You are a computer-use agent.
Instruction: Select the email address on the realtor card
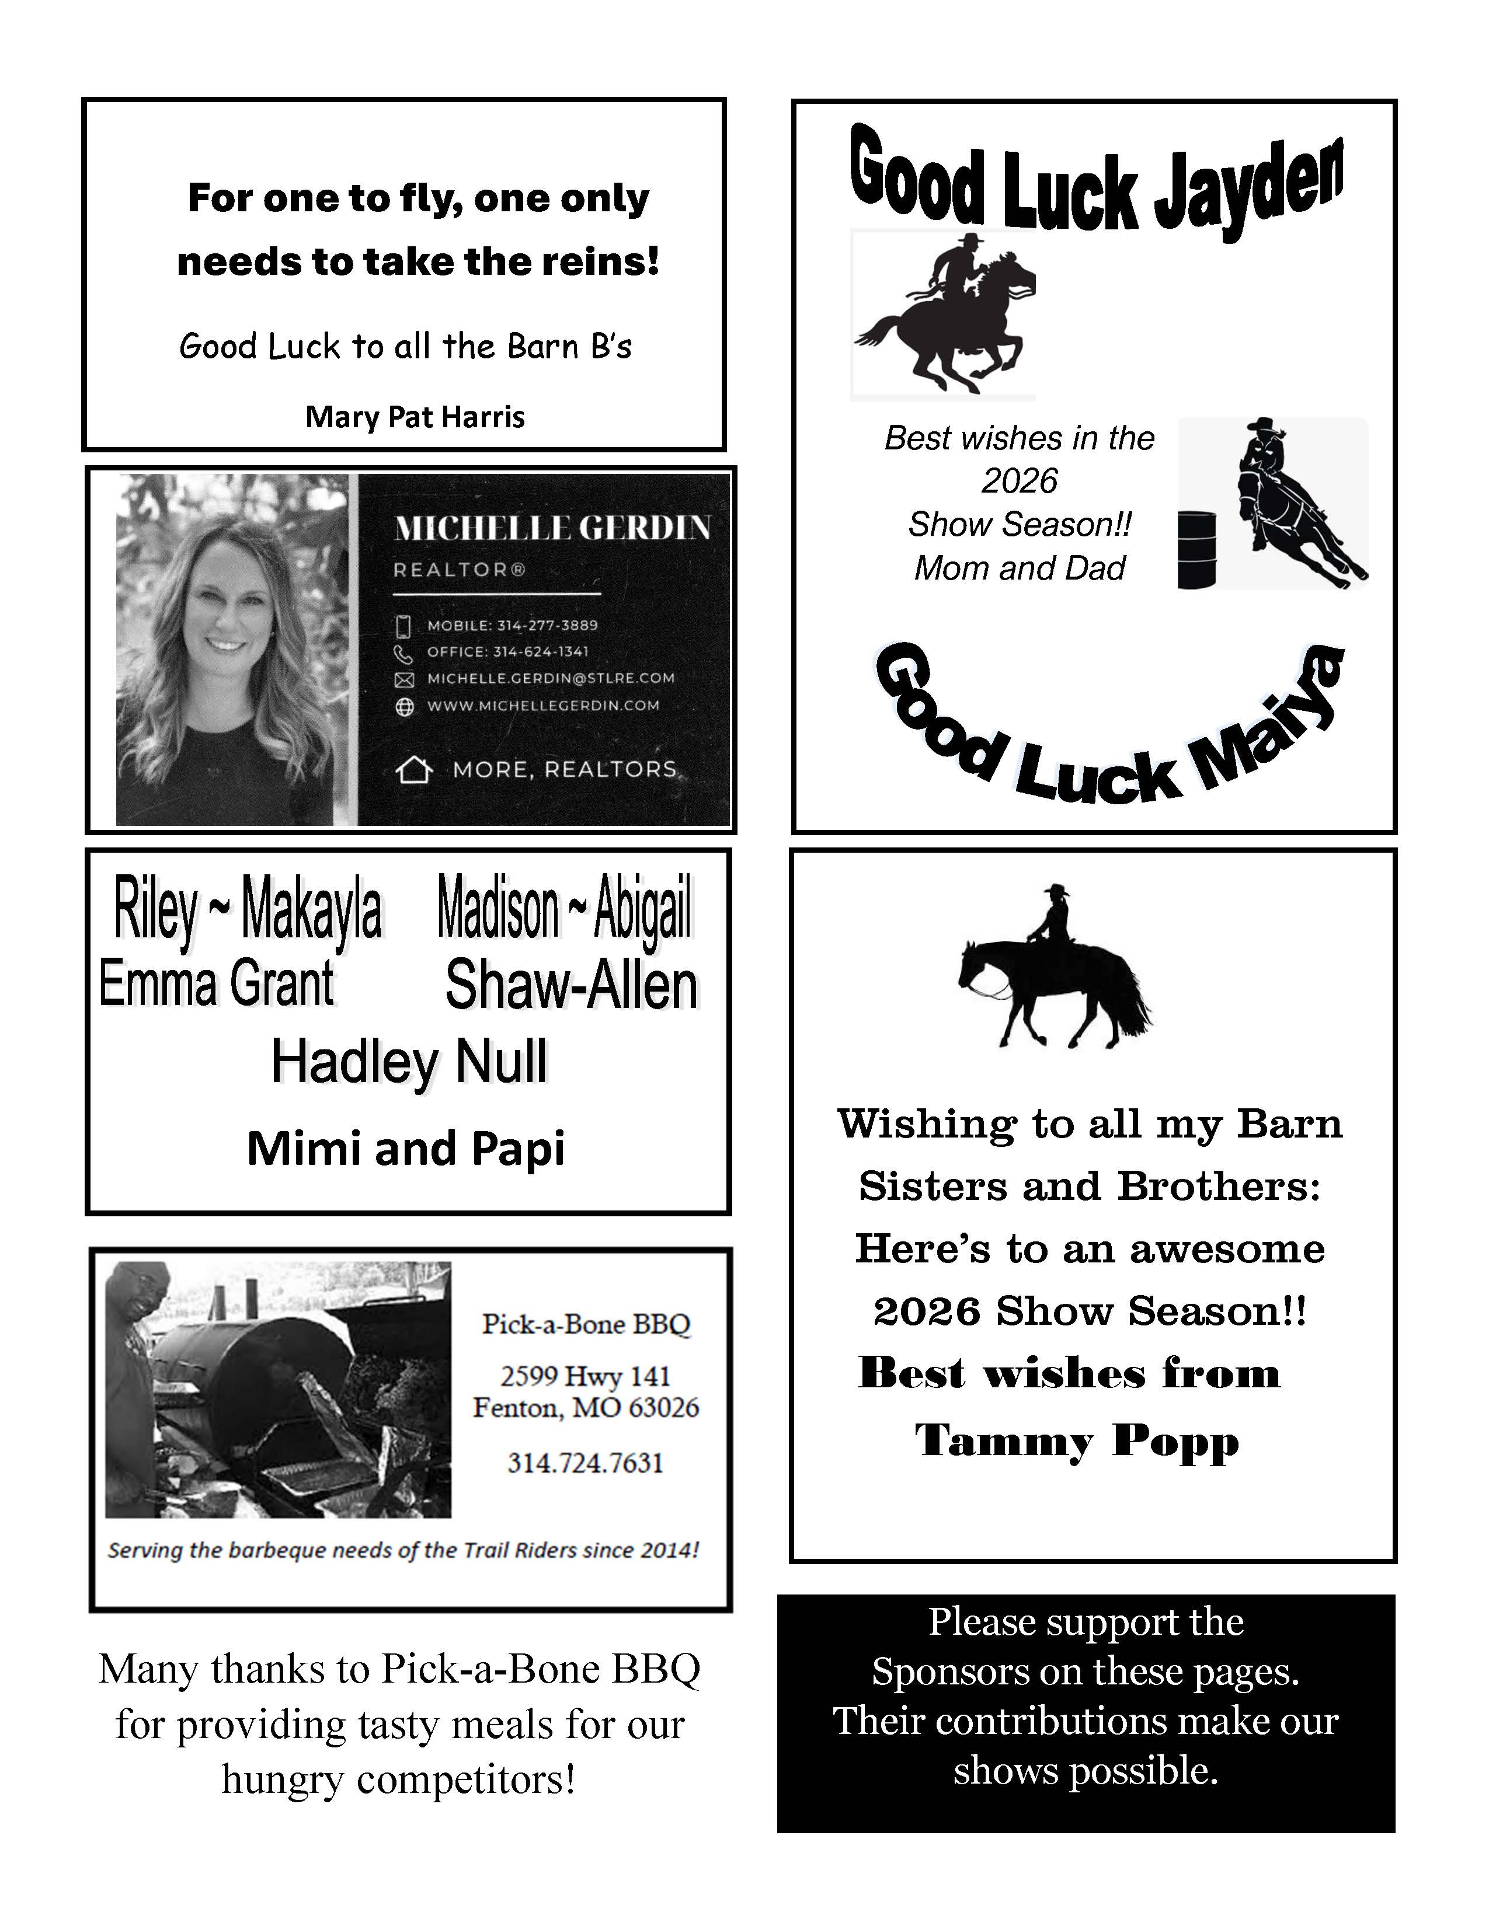tap(551, 678)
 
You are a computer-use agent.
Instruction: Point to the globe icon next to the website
tap(404, 706)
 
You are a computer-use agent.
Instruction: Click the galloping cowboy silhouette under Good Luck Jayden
tap(944, 313)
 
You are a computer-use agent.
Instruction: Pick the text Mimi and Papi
tap(406, 1148)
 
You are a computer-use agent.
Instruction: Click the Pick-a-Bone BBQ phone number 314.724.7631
tap(585, 1463)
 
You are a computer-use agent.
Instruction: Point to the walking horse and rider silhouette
tap(1054, 970)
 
